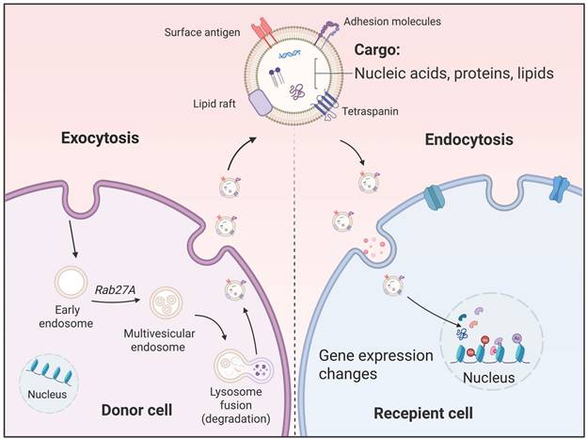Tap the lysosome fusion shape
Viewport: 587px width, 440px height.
pos(243,367)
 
